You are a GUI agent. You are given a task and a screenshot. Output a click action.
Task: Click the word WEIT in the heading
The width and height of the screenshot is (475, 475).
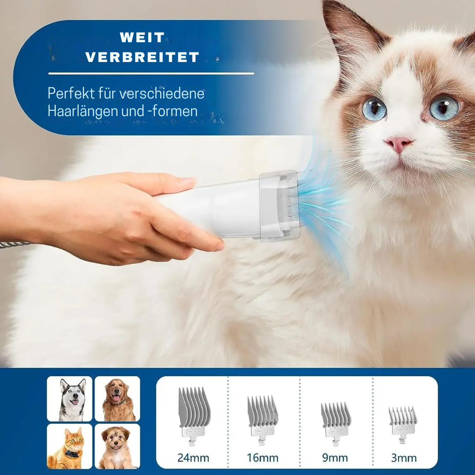pyautogui.click(x=142, y=37)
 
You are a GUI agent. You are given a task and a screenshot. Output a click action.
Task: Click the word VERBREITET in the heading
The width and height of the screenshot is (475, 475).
pyautogui.click(x=142, y=57)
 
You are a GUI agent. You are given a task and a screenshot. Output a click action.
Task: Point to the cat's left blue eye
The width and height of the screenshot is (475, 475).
pyautogui.click(x=374, y=109)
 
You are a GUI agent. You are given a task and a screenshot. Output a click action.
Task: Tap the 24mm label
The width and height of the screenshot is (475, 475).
pyautogui.click(x=193, y=457)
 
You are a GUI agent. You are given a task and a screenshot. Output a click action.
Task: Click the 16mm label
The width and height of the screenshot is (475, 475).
pyautogui.click(x=262, y=457)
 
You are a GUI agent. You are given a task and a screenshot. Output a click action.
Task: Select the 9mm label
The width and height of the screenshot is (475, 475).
pyautogui.click(x=335, y=457)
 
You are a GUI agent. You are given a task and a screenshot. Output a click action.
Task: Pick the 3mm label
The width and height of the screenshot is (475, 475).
pyautogui.click(x=404, y=457)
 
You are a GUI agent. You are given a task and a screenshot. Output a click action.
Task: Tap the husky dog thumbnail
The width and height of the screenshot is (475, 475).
pyautogui.click(x=69, y=399)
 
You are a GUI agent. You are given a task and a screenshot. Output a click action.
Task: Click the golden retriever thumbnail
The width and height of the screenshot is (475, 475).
pyautogui.click(x=117, y=399)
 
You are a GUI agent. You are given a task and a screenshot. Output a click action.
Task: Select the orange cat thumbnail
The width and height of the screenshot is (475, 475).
pyautogui.click(x=69, y=446)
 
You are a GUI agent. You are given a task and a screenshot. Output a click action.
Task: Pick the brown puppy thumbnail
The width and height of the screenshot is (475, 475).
pyautogui.click(x=117, y=446)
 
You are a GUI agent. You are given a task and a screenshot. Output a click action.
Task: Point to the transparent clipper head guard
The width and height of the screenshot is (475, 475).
pyautogui.click(x=279, y=206)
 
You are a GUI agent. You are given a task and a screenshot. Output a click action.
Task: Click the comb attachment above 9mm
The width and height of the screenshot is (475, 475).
pyautogui.click(x=336, y=418)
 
